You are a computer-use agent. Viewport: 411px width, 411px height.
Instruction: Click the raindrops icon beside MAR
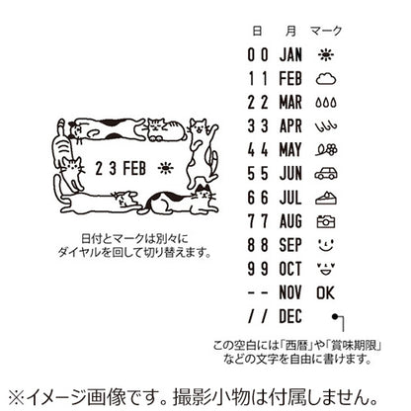point(328,100)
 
